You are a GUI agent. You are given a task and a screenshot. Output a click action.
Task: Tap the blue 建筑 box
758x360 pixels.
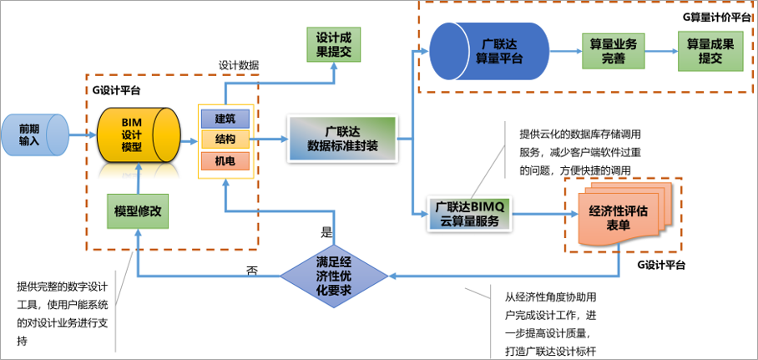pyautogui.click(x=225, y=118)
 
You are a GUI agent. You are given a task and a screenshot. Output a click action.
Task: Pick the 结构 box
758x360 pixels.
pyautogui.click(x=225, y=139)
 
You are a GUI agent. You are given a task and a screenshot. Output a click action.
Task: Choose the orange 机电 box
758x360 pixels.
pyautogui.click(x=225, y=160)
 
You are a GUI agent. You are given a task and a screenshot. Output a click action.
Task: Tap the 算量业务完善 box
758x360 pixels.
pyautogui.click(x=614, y=51)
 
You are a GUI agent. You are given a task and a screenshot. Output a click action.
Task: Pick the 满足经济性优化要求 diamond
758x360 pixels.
pyautogui.click(x=333, y=275)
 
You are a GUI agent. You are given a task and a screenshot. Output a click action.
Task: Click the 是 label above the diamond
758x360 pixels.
pyautogui.click(x=326, y=233)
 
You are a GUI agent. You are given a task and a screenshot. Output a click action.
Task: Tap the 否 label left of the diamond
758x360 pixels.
pyautogui.click(x=251, y=270)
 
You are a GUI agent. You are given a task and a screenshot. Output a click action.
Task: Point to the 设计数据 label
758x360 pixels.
pyautogui.click(x=239, y=65)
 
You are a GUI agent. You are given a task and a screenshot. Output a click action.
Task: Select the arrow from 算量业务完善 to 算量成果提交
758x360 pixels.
pyautogui.click(x=661, y=51)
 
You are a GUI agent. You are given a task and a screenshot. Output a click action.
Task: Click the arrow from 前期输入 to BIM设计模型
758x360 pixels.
pyautogui.click(x=82, y=134)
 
